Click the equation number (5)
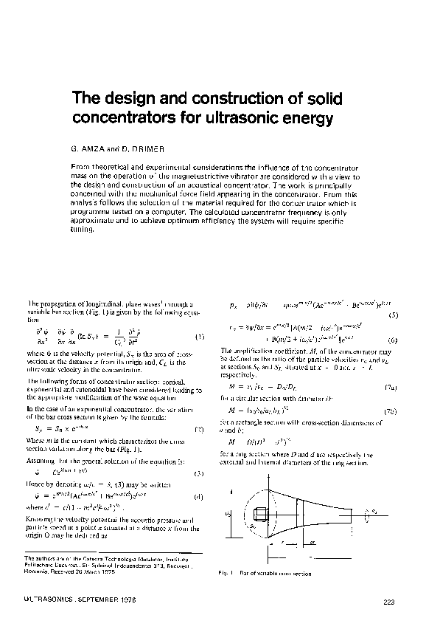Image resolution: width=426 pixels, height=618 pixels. [x=395, y=315]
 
